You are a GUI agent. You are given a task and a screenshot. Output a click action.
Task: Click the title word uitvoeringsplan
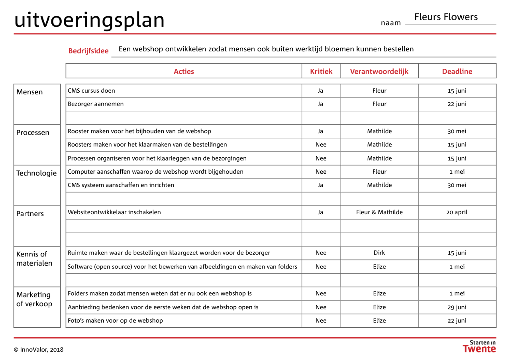(x=89, y=20)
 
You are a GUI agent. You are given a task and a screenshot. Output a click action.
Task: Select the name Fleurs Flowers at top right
(x=446, y=17)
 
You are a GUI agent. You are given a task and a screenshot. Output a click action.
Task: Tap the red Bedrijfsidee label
(x=88, y=51)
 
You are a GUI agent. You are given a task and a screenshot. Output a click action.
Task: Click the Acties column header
(x=184, y=72)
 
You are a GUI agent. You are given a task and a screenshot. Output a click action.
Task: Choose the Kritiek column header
(x=321, y=72)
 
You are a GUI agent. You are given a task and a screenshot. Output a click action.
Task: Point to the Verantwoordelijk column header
(x=379, y=72)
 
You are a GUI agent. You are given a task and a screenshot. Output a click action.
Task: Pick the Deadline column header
(x=457, y=72)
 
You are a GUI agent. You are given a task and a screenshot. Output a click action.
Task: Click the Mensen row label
(x=29, y=92)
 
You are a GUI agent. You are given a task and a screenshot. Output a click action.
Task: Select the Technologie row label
(x=37, y=173)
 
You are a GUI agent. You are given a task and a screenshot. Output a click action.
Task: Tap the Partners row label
(x=30, y=214)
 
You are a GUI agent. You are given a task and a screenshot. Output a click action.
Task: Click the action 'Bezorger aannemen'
(x=96, y=104)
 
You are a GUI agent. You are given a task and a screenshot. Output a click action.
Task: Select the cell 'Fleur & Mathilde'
(x=379, y=212)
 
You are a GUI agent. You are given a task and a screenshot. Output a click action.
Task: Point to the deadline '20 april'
(x=457, y=212)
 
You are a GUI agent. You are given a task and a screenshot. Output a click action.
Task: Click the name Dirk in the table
(x=379, y=253)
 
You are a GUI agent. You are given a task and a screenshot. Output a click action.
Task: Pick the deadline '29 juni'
(x=457, y=307)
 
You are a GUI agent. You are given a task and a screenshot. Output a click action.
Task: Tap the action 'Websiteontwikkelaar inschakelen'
(x=114, y=212)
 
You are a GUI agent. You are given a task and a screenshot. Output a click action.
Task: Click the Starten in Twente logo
(x=479, y=346)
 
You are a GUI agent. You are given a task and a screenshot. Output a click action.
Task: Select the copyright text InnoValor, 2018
(x=39, y=350)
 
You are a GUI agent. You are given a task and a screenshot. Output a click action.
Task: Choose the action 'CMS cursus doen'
(x=91, y=90)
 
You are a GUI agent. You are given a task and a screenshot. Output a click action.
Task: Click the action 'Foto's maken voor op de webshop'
(x=115, y=321)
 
